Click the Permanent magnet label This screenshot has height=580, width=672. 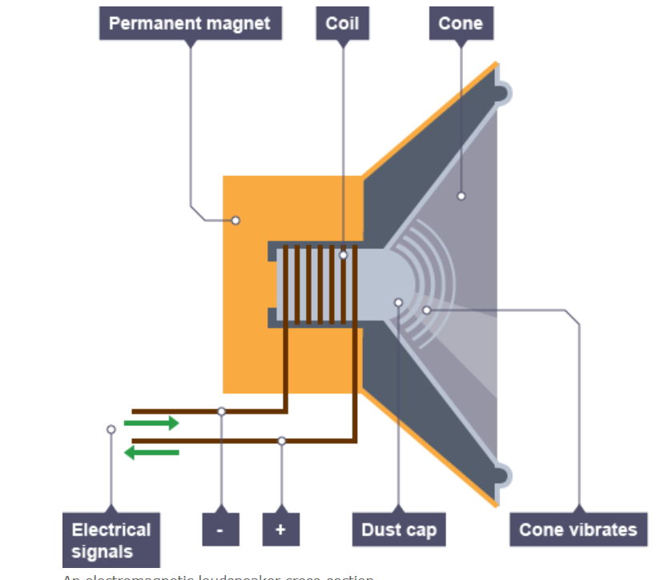(x=190, y=23)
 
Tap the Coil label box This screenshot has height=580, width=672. (x=342, y=23)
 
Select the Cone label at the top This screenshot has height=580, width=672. (x=461, y=23)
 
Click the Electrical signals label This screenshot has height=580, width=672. (x=111, y=540)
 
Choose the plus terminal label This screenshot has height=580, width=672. (x=280, y=530)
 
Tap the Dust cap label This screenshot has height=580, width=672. (x=399, y=530)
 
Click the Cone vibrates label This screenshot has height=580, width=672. (x=577, y=530)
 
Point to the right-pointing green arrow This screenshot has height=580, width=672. (x=152, y=423)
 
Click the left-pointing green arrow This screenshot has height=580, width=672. (x=152, y=453)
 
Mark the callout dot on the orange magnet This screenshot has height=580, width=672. (x=235, y=220)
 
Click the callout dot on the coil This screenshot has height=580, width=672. (x=343, y=256)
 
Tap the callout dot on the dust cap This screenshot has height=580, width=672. (x=398, y=303)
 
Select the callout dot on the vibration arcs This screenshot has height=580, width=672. (x=426, y=310)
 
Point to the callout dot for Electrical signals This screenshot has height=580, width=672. (x=111, y=429)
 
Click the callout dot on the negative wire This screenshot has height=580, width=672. (x=222, y=411)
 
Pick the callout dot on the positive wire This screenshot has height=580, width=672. (x=281, y=441)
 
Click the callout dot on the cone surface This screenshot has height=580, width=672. (x=461, y=196)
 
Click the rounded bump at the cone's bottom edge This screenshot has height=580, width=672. (x=502, y=475)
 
